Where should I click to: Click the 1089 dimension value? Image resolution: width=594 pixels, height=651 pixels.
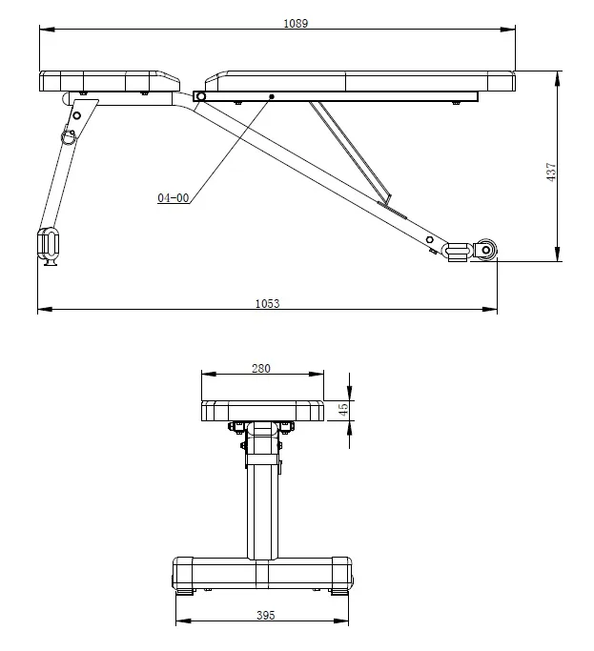pos(296,23)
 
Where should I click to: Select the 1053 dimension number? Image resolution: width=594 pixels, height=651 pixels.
pos(267,303)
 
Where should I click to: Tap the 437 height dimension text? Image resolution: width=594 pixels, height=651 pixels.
pos(551,173)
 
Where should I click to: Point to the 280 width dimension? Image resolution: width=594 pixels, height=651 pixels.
pos(261,368)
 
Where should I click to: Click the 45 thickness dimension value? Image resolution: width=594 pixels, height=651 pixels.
pos(343,410)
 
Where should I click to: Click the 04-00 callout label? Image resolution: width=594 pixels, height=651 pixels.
pos(174,198)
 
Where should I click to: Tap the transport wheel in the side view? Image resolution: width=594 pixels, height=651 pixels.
pos(485,251)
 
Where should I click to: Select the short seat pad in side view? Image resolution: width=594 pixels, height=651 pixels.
pos(111,81)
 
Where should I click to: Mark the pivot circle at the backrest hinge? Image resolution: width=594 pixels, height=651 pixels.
pos(200,96)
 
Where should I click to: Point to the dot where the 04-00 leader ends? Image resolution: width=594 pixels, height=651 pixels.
pos(272,96)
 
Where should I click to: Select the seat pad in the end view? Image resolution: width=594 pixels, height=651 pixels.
pos(261,411)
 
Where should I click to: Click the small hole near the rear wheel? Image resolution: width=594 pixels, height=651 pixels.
pos(430,238)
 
